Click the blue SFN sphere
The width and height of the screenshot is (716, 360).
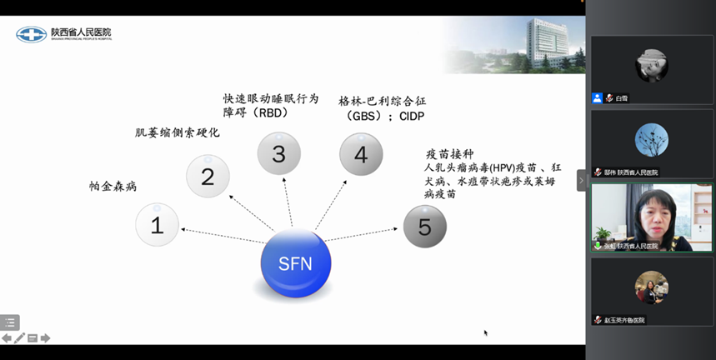pyautogui.click(x=296, y=263)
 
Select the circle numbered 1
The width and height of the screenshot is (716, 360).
pyautogui.click(x=158, y=224)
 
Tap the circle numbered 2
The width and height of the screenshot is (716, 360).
pyautogui.click(x=208, y=176)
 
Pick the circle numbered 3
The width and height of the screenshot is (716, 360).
pyautogui.click(x=278, y=153)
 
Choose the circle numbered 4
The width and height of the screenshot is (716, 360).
pyautogui.click(x=361, y=154)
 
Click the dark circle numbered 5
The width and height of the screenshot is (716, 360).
pyautogui.click(x=425, y=227)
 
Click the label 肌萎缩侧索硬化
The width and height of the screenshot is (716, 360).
pyautogui.click(x=178, y=132)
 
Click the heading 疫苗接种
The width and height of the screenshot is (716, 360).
pyautogui.click(x=449, y=153)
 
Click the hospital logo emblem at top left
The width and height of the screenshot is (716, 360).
pyautogui.click(x=31, y=34)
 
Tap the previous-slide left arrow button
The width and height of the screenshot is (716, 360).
pyautogui.click(x=7, y=338)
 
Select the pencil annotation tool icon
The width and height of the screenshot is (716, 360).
pyautogui.click(x=19, y=338)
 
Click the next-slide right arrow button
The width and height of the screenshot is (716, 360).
pyautogui.click(x=45, y=338)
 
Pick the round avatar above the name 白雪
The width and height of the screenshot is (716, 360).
pyautogui.click(x=651, y=65)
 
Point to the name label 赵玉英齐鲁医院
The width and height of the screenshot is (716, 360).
pyautogui.click(x=625, y=320)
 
